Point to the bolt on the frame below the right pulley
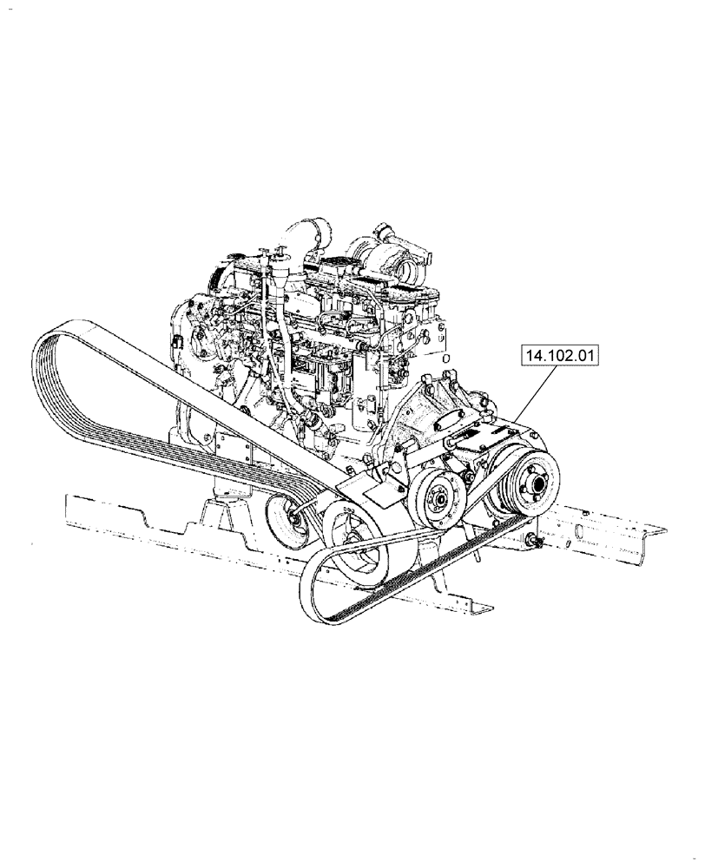532,543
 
